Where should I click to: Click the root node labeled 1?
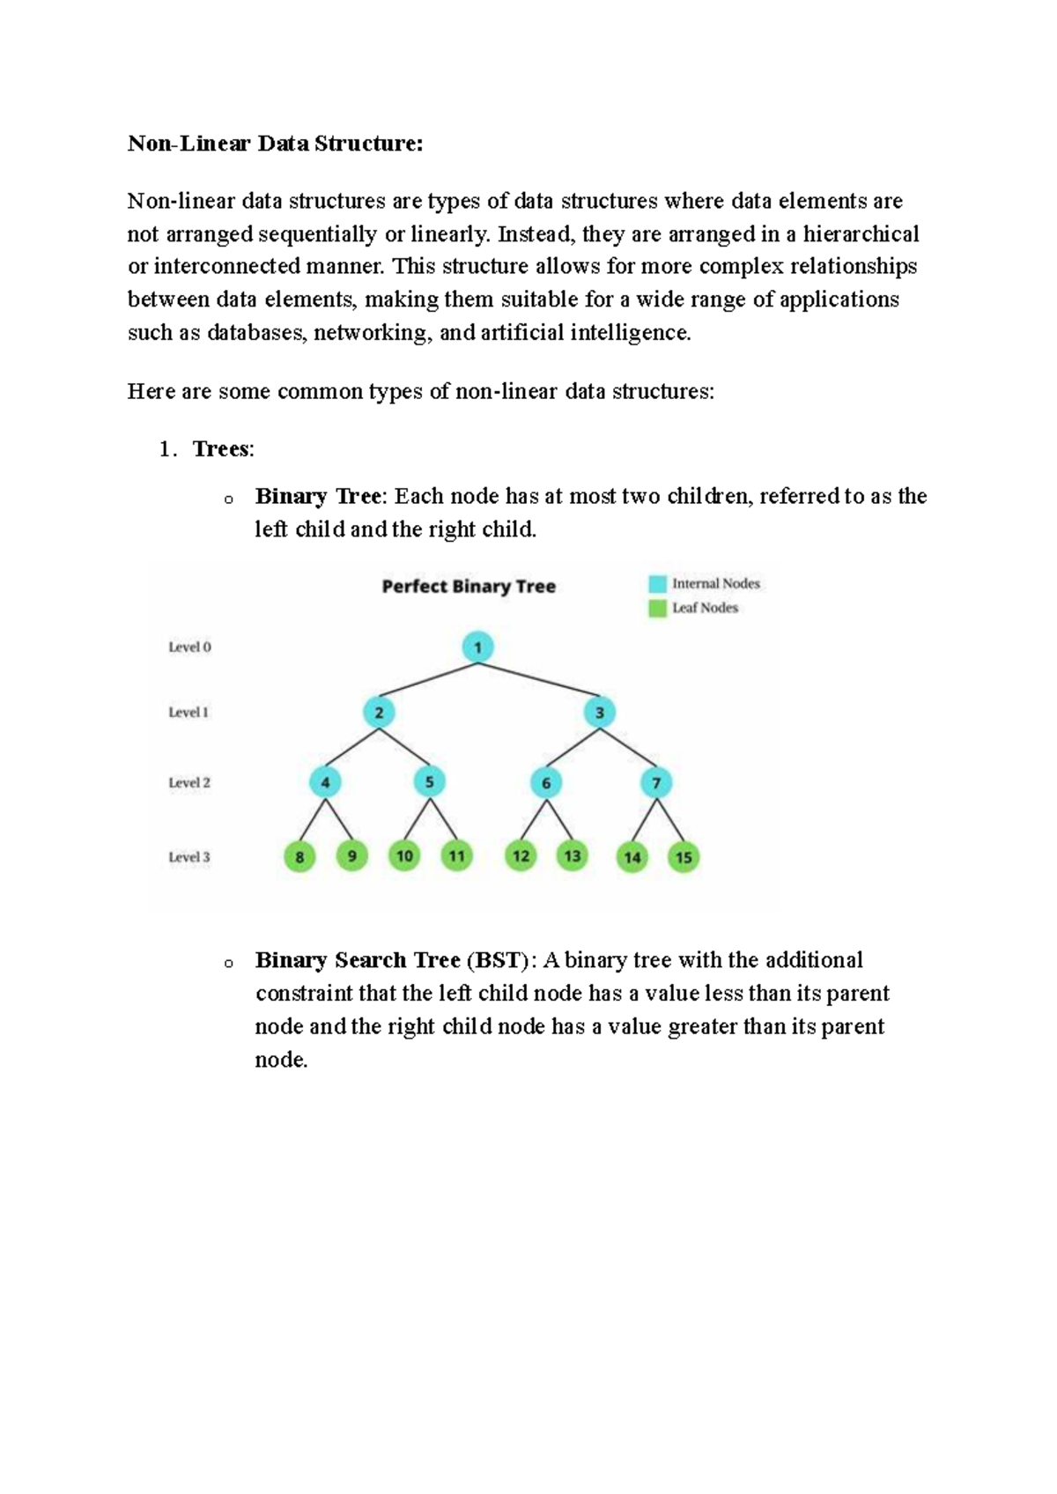[x=477, y=647]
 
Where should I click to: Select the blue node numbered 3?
[x=600, y=712]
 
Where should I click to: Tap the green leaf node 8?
[x=299, y=856]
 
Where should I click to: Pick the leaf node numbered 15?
[x=684, y=856]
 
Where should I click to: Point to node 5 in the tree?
[x=429, y=781]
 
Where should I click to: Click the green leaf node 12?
[x=521, y=855]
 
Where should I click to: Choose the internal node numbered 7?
[x=656, y=782]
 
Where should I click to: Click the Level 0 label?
[x=189, y=647]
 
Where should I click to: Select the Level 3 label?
[x=189, y=857]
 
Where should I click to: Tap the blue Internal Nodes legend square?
[x=657, y=583]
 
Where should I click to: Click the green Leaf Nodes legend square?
[x=657, y=608]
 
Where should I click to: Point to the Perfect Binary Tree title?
[x=469, y=587]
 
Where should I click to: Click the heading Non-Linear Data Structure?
[x=275, y=144]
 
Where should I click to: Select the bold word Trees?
[x=221, y=449]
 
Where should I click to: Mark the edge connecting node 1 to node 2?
[x=428, y=680]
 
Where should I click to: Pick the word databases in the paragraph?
[x=254, y=333]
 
